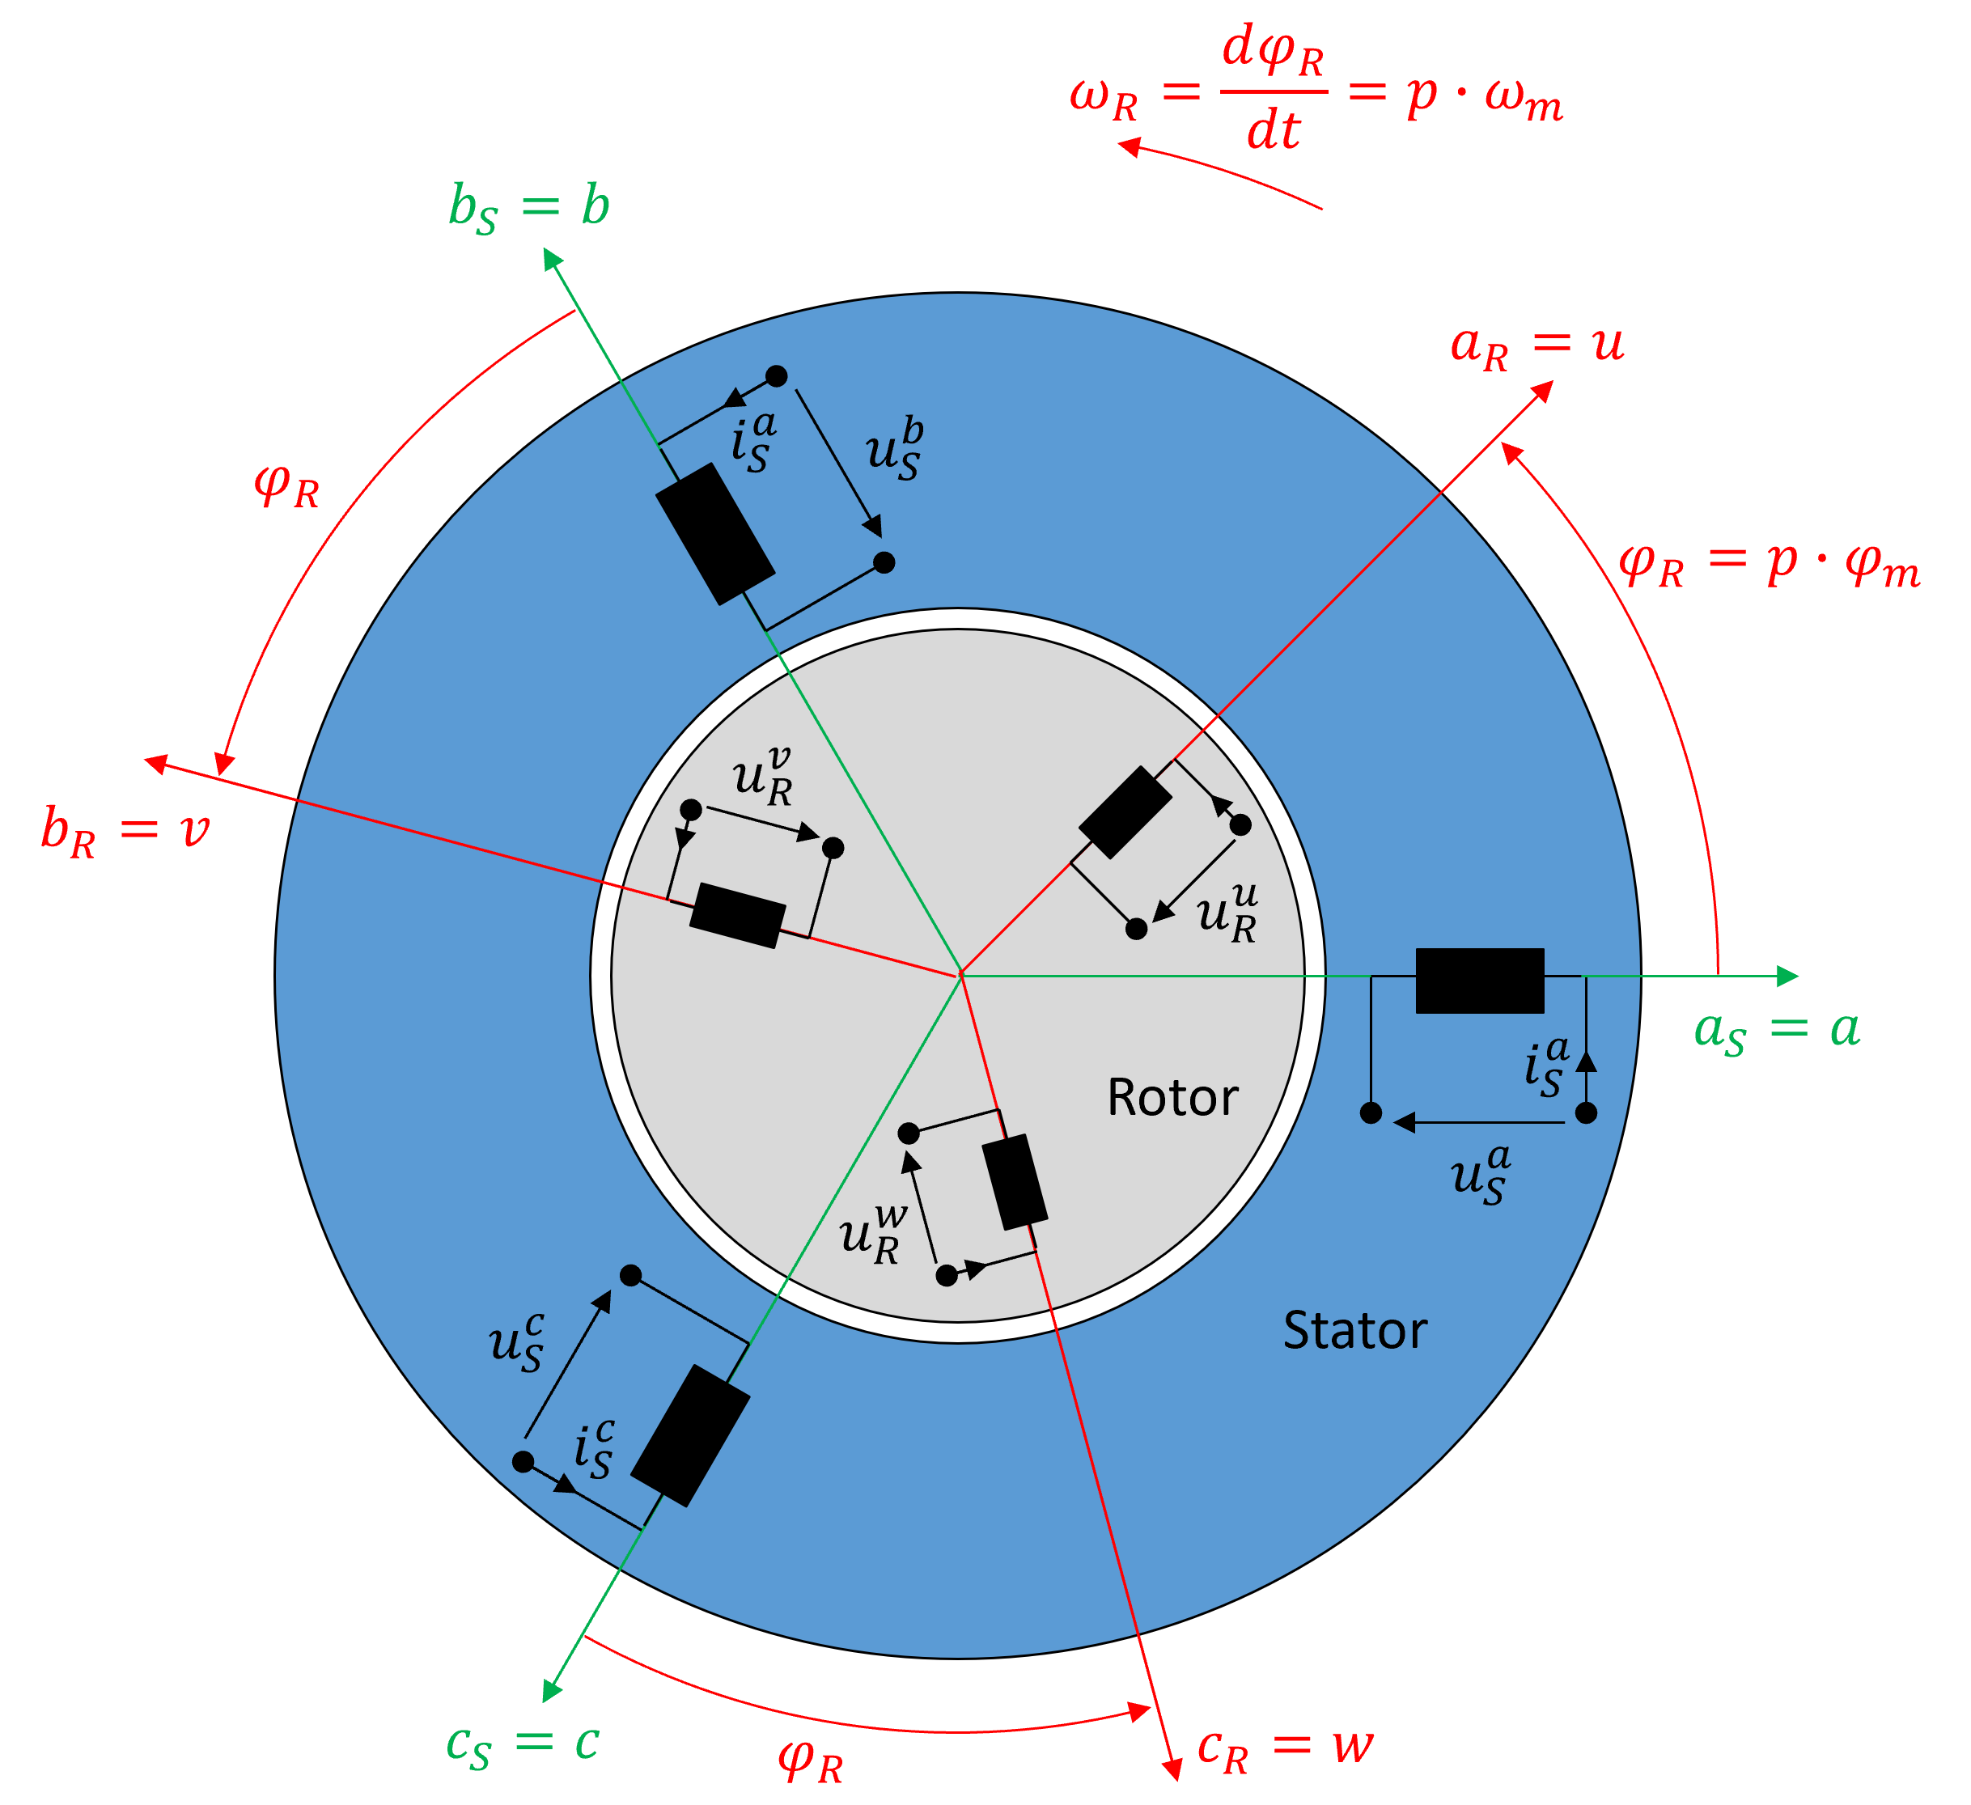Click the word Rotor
point(1172,1097)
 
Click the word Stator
point(1354,1331)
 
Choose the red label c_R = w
point(1285,1748)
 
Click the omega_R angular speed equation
point(1315,93)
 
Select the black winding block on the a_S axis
point(1479,981)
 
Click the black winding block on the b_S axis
point(714,534)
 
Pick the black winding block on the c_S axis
point(690,1435)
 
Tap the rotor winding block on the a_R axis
point(1125,812)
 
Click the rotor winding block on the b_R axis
point(737,916)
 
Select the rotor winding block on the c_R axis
point(1014,1182)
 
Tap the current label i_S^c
point(593,1451)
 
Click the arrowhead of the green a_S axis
point(1787,976)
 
